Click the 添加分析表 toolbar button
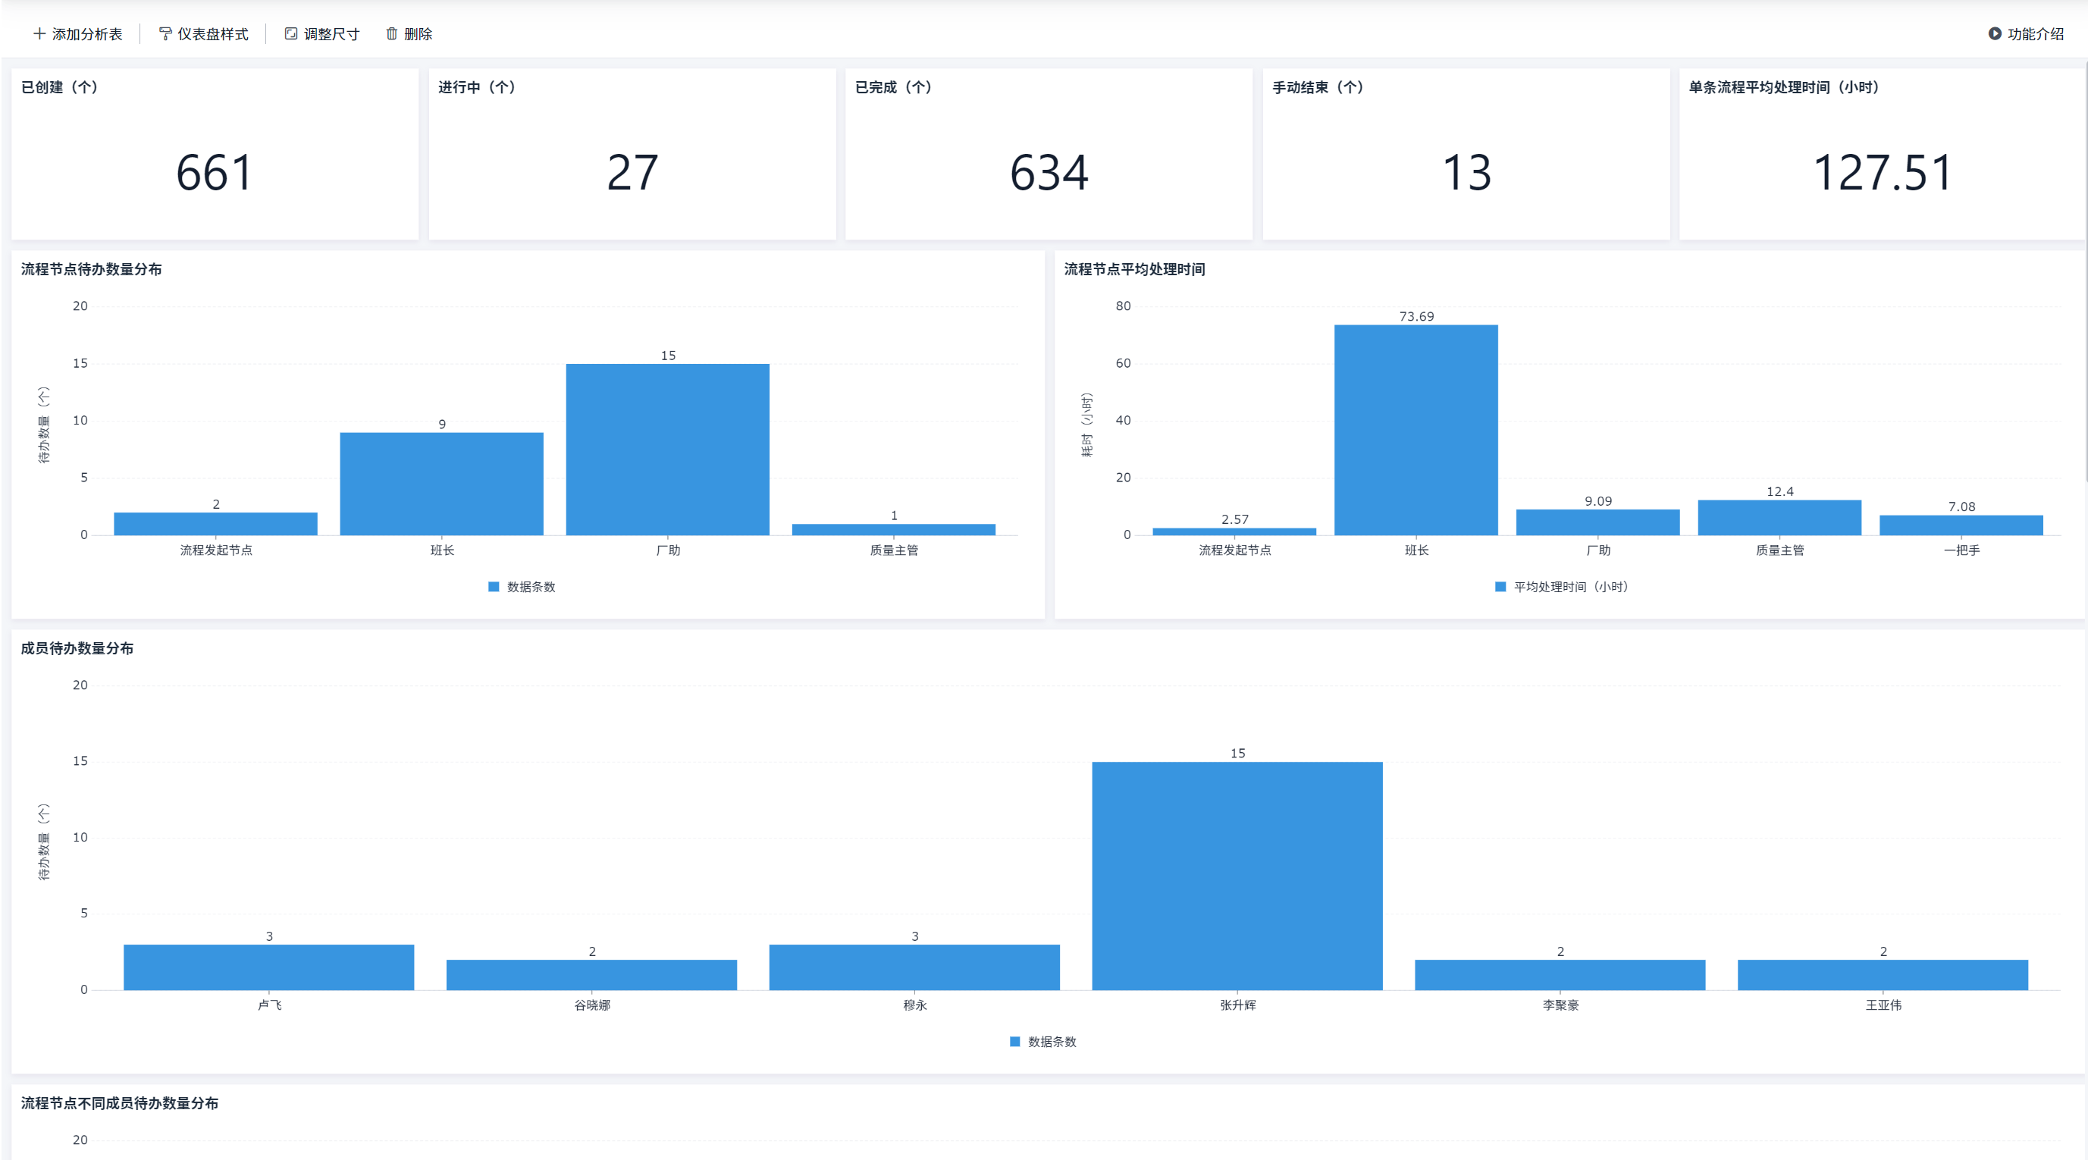[78, 34]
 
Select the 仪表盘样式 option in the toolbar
[203, 34]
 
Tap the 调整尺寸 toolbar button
[321, 34]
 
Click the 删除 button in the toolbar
[409, 34]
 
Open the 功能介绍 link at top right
[2027, 34]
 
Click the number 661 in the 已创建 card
[215, 173]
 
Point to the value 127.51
[1882, 173]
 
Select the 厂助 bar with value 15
[668, 449]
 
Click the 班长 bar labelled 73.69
[1416, 430]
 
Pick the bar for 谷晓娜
[591, 974]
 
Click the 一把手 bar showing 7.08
[1961, 525]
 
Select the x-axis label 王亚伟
[1884, 1005]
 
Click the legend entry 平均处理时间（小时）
[1561, 587]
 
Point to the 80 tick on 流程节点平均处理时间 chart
[1123, 306]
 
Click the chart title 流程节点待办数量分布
[92, 269]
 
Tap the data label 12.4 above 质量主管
[1780, 491]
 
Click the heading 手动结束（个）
[1318, 87]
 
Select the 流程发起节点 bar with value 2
[215, 524]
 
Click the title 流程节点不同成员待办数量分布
[120, 1103]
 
